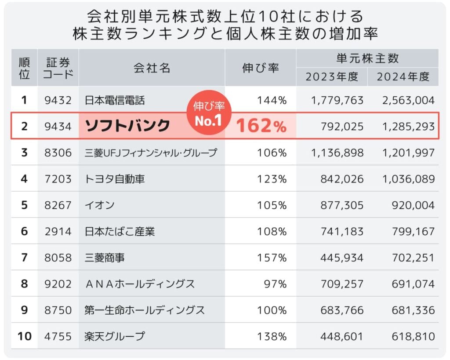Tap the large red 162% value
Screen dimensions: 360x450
[x=261, y=126]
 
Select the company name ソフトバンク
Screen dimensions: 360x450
[x=127, y=126]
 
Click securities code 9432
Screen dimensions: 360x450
[x=58, y=100]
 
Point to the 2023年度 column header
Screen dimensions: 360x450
[x=332, y=76]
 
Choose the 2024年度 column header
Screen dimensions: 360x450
[x=403, y=76]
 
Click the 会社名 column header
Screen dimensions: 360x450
[x=152, y=68]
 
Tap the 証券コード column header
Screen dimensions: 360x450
[x=58, y=68]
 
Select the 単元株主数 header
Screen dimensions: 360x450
[x=367, y=58]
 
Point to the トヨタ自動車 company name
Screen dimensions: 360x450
[x=115, y=179]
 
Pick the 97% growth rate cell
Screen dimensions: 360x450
[x=276, y=284]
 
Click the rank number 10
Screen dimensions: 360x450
[x=25, y=337]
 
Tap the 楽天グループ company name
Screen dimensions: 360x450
[x=115, y=337]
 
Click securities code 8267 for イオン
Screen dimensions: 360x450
[x=58, y=205]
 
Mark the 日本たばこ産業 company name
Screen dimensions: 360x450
[x=120, y=232]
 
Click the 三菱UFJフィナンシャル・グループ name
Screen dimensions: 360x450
[x=151, y=153]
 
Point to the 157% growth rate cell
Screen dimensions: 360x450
[x=273, y=258]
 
